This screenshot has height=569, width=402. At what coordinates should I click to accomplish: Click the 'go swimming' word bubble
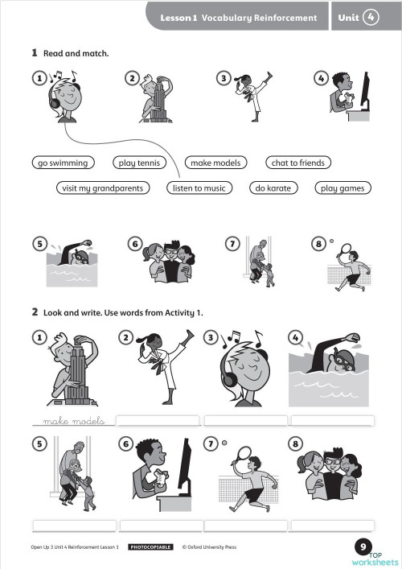pos(63,163)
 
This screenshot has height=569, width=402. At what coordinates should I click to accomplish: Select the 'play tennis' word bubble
pos(139,163)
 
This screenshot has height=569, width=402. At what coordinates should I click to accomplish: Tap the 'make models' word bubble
pos(215,163)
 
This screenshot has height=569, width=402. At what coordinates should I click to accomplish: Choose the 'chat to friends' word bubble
pos(298,163)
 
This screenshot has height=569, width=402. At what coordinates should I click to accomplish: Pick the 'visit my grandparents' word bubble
pos(103,188)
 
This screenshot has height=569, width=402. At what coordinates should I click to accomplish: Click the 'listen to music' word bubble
pos(199,188)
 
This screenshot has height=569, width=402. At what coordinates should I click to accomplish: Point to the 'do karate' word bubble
pos(273,188)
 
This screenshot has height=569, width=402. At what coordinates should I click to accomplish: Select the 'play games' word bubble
pos(343,188)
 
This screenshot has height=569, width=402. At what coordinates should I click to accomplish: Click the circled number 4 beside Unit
pos(371,17)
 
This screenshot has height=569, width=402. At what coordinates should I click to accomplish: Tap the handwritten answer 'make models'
pos(74,421)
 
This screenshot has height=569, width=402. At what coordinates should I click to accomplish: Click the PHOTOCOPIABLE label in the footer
pos(150,546)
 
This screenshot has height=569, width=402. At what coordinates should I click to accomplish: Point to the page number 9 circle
pos(363,546)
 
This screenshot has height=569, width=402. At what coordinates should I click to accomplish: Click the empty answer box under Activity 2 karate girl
pos(158,421)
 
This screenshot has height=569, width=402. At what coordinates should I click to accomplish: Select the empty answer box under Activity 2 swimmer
pos(332,421)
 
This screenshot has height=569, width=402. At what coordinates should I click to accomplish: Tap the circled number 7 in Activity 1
pos(232,244)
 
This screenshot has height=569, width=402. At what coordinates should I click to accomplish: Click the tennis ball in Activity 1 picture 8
pos(331,241)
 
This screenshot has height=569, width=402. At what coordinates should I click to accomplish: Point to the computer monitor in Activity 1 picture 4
pos(365,91)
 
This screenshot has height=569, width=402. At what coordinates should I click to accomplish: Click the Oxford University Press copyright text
pos(209,546)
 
